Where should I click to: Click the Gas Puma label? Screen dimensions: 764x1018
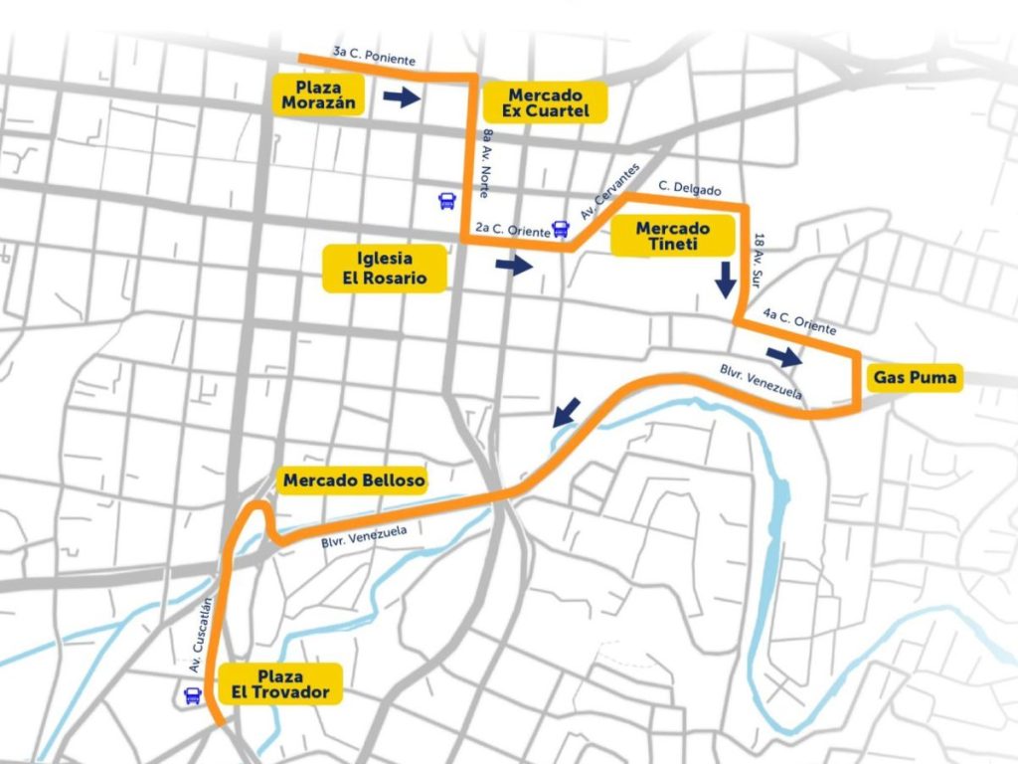tap(915, 377)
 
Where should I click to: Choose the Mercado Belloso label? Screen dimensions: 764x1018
tap(354, 480)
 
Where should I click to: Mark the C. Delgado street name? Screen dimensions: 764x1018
tap(689, 189)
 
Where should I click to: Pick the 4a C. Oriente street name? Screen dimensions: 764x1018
tap(799, 322)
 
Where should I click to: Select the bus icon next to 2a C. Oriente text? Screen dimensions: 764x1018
tap(561, 230)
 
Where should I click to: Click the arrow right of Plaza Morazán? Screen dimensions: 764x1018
tap(402, 96)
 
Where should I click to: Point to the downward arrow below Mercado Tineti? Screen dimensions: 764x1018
tap(726, 280)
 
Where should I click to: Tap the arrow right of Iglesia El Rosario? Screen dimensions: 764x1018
tap(514, 265)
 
